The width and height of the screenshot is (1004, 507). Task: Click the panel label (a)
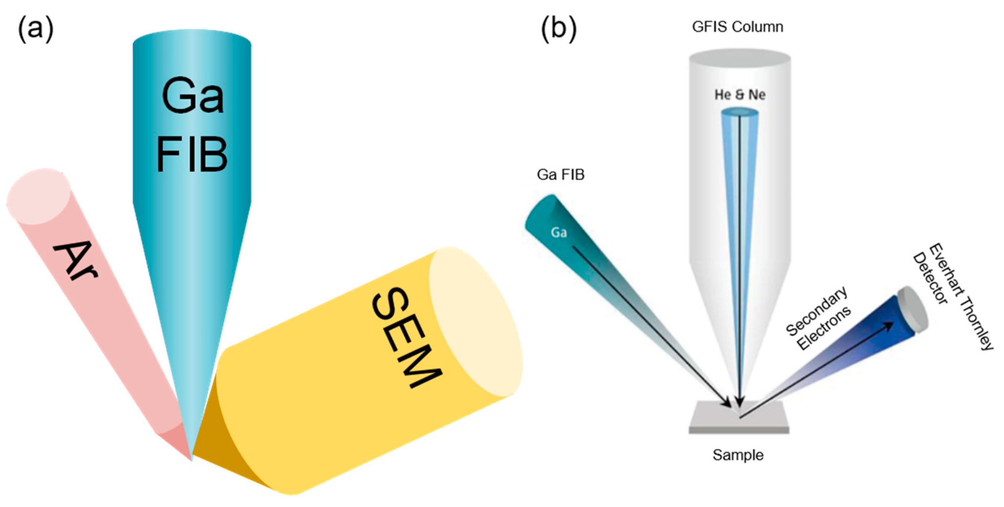pos(36,29)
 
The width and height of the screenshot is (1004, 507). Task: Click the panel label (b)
pos(559,29)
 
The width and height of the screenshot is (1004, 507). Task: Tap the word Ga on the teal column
pos(192,96)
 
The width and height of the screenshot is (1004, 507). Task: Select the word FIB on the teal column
pos(192,155)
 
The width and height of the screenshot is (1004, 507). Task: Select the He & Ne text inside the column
pos(739,95)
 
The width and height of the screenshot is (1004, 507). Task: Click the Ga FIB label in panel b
pos(561,175)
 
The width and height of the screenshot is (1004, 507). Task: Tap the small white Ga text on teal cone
pos(558,232)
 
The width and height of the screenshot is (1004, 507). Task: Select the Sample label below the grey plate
pos(738,455)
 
